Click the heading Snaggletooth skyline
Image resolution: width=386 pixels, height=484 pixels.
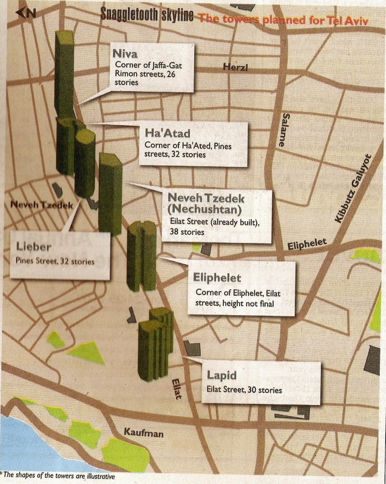pos(147,16)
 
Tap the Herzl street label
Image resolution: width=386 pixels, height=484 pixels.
pos(235,68)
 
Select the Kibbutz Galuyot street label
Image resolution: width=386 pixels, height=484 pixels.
pos(353,189)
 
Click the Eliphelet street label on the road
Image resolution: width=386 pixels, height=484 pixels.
pos(307,243)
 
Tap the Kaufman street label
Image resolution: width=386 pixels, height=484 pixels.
pos(144,432)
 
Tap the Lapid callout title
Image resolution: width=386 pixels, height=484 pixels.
pos(222,375)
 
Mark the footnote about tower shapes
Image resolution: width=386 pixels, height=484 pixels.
pos(58,476)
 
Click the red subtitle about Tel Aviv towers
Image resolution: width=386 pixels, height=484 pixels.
pos(283,19)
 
